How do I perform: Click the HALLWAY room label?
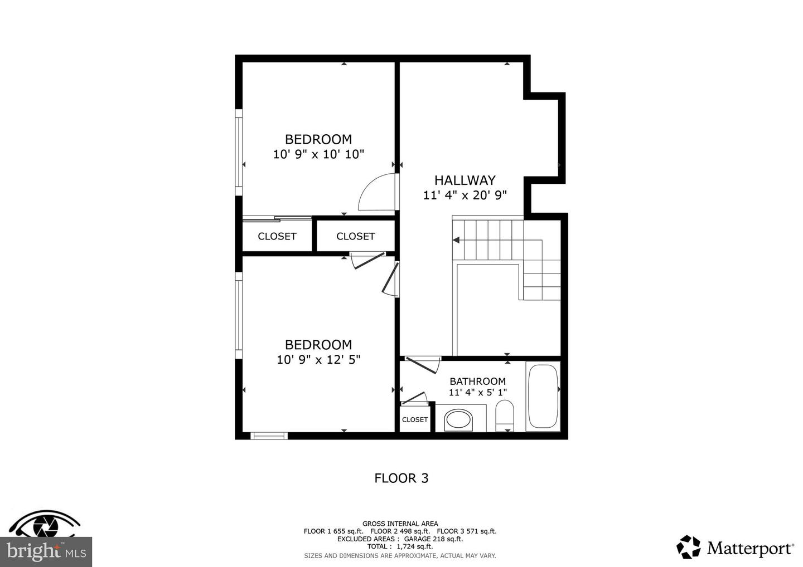pos(465,180)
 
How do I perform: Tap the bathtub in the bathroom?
pos(543,397)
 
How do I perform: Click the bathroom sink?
pos(458,420)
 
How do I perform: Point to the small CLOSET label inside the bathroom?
pos(414,419)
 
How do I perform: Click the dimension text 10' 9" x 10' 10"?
pos(318,154)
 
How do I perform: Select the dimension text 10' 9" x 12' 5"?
pos(318,360)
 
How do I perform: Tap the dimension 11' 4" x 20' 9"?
pos(465,195)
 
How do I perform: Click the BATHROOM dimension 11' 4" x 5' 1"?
pos(477,392)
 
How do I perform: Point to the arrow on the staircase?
pos(457,241)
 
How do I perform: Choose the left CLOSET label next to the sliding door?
pos(277,236)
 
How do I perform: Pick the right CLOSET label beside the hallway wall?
pos(355,236)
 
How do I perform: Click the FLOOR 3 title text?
pos(401,478)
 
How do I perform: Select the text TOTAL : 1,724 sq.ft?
pos(400,547)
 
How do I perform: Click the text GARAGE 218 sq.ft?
pos(434,539)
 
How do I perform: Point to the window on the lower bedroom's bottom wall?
pos(269,436)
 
